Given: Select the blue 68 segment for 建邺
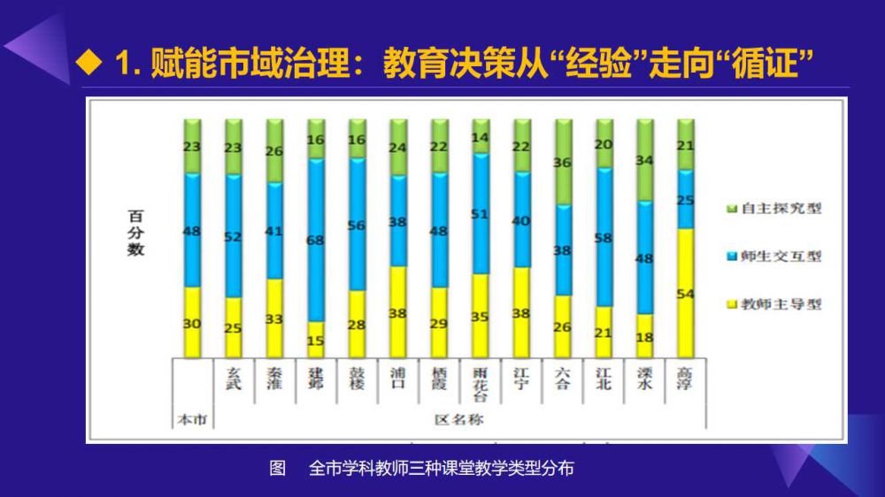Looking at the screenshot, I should tap(315, 240).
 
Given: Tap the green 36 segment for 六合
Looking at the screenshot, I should tap(562, 163).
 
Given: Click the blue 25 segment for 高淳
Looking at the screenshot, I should tap(685, 200).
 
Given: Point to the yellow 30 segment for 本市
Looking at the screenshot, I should tap(192, 322).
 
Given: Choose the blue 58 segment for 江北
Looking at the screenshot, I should tap(604, 237).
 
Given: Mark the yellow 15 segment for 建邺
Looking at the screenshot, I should tap(315, 339).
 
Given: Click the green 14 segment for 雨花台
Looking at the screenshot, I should tap(480, 137).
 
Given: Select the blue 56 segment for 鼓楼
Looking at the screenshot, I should tap(357, 225).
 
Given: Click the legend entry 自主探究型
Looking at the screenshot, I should tap(774, 209).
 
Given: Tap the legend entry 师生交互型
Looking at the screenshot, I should tap(774, 256).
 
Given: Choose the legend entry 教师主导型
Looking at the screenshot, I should tap(774, 304).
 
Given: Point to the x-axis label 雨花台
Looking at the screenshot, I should tap(480, 384).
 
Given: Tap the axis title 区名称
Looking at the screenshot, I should tap(458, 419).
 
